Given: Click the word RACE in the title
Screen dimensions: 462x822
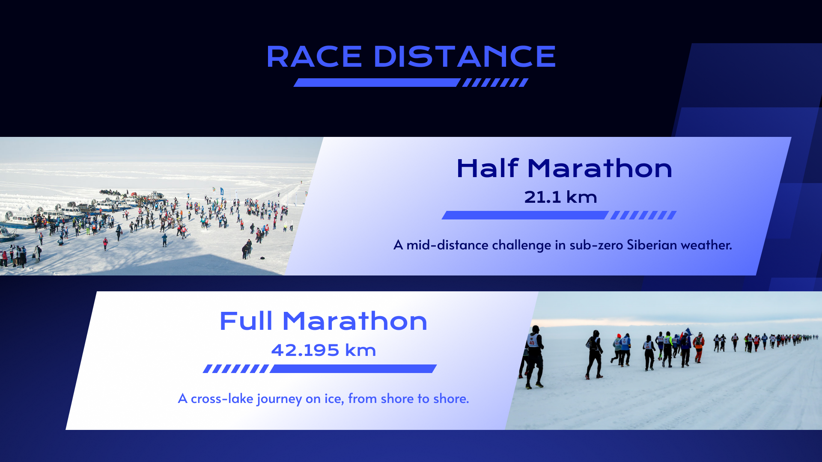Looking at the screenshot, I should click(x=314, y=57).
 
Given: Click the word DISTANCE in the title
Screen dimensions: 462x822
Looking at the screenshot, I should click(x=465, y=57).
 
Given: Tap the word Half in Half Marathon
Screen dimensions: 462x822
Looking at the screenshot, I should click(x=487, y=168).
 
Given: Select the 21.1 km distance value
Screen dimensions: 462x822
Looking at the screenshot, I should click(x=560, y=197).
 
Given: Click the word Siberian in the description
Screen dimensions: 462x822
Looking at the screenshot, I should click(x=652, y=245).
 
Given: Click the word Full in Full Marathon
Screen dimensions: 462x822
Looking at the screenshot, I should click(x=246, y=321).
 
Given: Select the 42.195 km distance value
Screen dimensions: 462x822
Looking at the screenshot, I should click(x=323, y=350).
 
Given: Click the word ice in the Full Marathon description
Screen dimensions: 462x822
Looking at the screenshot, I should click(x=333, y=399).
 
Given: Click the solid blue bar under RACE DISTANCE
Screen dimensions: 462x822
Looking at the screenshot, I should click(x=377, y=83).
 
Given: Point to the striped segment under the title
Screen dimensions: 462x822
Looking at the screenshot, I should click(x=495, y=83).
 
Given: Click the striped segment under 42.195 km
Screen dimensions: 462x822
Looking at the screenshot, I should click(x=235, y=369).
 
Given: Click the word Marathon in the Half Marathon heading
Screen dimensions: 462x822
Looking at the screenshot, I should click(x=600, y=168).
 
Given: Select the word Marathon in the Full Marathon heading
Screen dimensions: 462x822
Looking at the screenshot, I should click(x=355, y=321).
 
